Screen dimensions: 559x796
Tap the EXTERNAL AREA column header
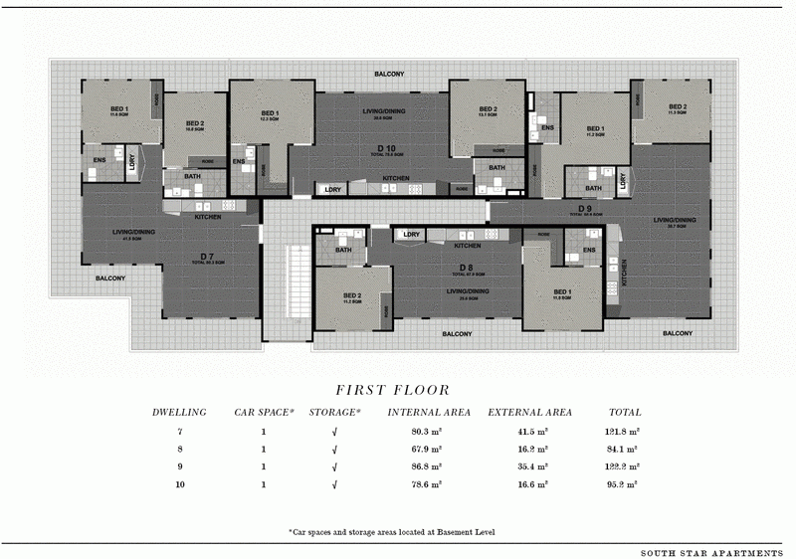[x=529, y=412]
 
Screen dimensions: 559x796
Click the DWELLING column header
[x=179, y=412]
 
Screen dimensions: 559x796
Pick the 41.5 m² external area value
[x=529, y=432]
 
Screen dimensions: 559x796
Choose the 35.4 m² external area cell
[x=529, y=466]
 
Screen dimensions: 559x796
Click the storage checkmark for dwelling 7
[x=334, y=432]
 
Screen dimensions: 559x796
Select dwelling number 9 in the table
[x=179, y=466]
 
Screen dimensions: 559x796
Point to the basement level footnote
[x=397, y=533]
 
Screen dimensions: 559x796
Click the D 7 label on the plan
[x=206, y=257]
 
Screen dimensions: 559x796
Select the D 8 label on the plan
[x=466, y=269]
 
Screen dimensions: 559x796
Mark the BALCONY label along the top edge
[x=389, y=75]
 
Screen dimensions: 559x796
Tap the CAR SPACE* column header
[x=264, y=412]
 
